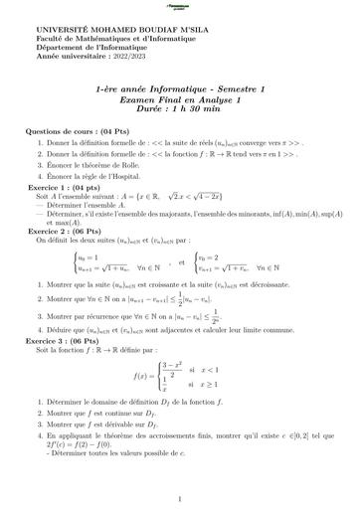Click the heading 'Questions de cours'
tap(61, 130)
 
